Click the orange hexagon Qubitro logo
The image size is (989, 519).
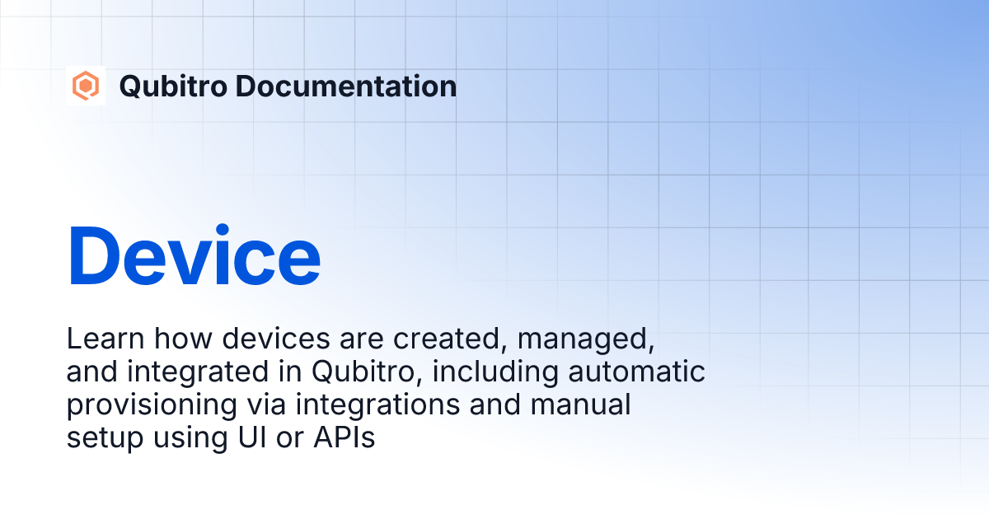coord(85,86)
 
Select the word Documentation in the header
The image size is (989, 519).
coord(342,86)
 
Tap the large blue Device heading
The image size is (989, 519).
coord(194,255)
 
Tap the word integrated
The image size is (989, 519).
coord(196,372)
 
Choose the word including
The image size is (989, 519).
coord(495,373)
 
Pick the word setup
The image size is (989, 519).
coord(101,439)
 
